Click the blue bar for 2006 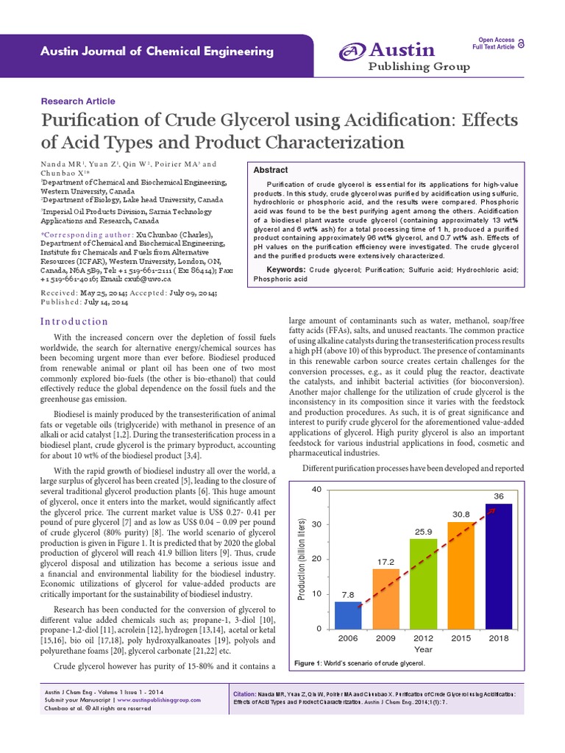pyautogui.click(x=348, y=615)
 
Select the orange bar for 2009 pyautogui.click(x=385, y=599)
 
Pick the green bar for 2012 pyautogui.click(x=423, y=583)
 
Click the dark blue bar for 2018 pyautogui.click(x=498, y=565)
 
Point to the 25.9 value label pyautogui.click(x=423, y=531)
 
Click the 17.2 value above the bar pyautogui.click(x=385, y=562)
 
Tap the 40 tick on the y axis pyautogui.click(x=317, y=490)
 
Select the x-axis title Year pyautogui.click(x=423, y=649)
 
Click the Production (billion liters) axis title pyautogui.click(x=301, y=559)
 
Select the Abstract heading pyautogui.click(x=271, y=170)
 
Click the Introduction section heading pyautogui.click(x=74, y=321)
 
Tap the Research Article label pyautogui.click(x=77, y=101)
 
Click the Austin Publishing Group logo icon pyautogui.click(x=352, y=52)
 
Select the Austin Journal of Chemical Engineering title pyautogui.click(x=146, y=51)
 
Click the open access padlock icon pyautogui.click(x=522, y=44)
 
